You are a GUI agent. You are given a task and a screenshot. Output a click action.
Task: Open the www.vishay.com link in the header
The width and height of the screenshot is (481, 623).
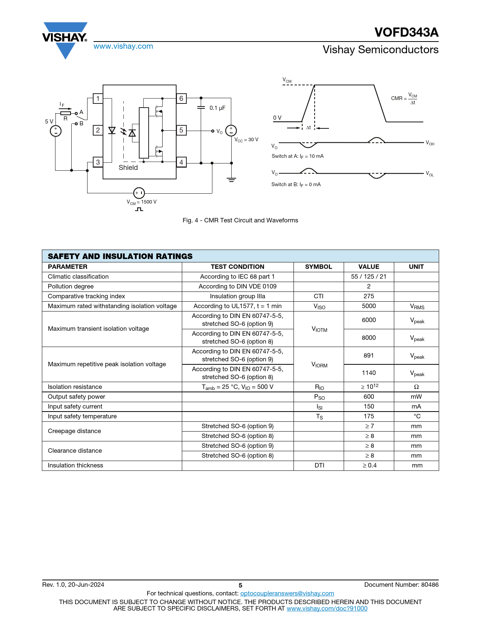(123, 46)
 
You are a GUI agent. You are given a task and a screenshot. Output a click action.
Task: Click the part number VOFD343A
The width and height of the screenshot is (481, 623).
(406, 32)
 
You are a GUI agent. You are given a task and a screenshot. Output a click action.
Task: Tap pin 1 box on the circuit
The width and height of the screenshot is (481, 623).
(98, 99)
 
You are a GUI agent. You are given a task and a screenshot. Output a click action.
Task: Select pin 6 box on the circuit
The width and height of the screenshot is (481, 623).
(181, 99)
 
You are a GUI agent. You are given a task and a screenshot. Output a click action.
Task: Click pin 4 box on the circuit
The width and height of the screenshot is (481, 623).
(181, 162)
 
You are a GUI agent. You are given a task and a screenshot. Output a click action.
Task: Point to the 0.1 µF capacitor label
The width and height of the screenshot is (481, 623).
(217, 108)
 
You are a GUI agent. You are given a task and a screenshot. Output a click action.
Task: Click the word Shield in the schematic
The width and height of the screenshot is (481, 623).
(128, 168)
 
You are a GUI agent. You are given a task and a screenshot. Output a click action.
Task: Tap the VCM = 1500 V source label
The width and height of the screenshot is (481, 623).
(141, 202)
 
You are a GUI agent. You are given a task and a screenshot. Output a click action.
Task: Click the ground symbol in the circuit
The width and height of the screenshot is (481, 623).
(232, 180)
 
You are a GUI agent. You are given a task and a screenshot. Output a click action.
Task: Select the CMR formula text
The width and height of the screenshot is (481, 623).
(404, 99)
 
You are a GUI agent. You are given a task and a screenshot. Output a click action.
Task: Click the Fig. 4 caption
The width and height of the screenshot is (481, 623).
(240, 220)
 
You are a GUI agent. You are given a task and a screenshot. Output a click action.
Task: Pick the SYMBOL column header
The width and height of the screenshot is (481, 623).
(318, 267)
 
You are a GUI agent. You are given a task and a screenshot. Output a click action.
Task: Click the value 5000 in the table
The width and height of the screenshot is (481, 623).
(369, 306)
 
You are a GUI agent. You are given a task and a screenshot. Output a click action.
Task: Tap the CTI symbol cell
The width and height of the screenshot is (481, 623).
(318, 296)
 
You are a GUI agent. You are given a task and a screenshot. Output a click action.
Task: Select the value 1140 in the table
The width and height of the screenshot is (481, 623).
(369, 373)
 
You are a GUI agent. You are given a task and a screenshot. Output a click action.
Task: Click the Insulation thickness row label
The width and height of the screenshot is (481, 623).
(75, 465)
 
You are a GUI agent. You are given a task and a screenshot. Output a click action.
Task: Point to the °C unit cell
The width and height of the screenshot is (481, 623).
(416, 416)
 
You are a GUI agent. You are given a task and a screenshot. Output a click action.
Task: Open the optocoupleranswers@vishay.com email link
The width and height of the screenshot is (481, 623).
(287, 593)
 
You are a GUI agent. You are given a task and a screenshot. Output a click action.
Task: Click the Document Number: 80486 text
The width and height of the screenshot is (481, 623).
(401, 584)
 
